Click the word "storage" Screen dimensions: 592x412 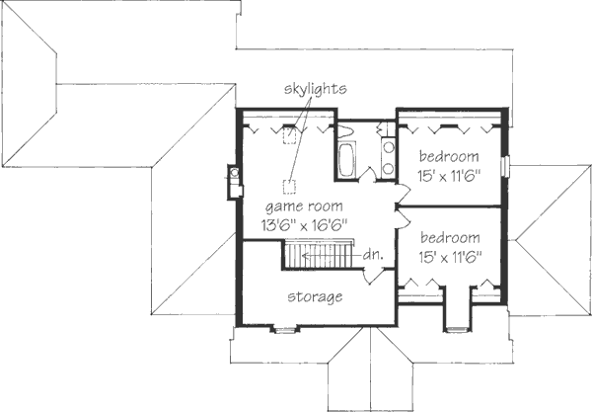[x=315, y=296]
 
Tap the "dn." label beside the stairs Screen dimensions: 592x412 [x=372, y=256]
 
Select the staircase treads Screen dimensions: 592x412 [x=317, y=256]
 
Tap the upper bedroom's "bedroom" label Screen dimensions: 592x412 [x=449, y=156]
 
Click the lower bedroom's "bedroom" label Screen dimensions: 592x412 [x=449, y=238]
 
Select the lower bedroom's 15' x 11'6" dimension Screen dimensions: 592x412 [x=449, y=256]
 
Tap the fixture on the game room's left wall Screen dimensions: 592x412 [x=233, y=181]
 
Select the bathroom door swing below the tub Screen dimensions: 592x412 [x=367, y=174]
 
